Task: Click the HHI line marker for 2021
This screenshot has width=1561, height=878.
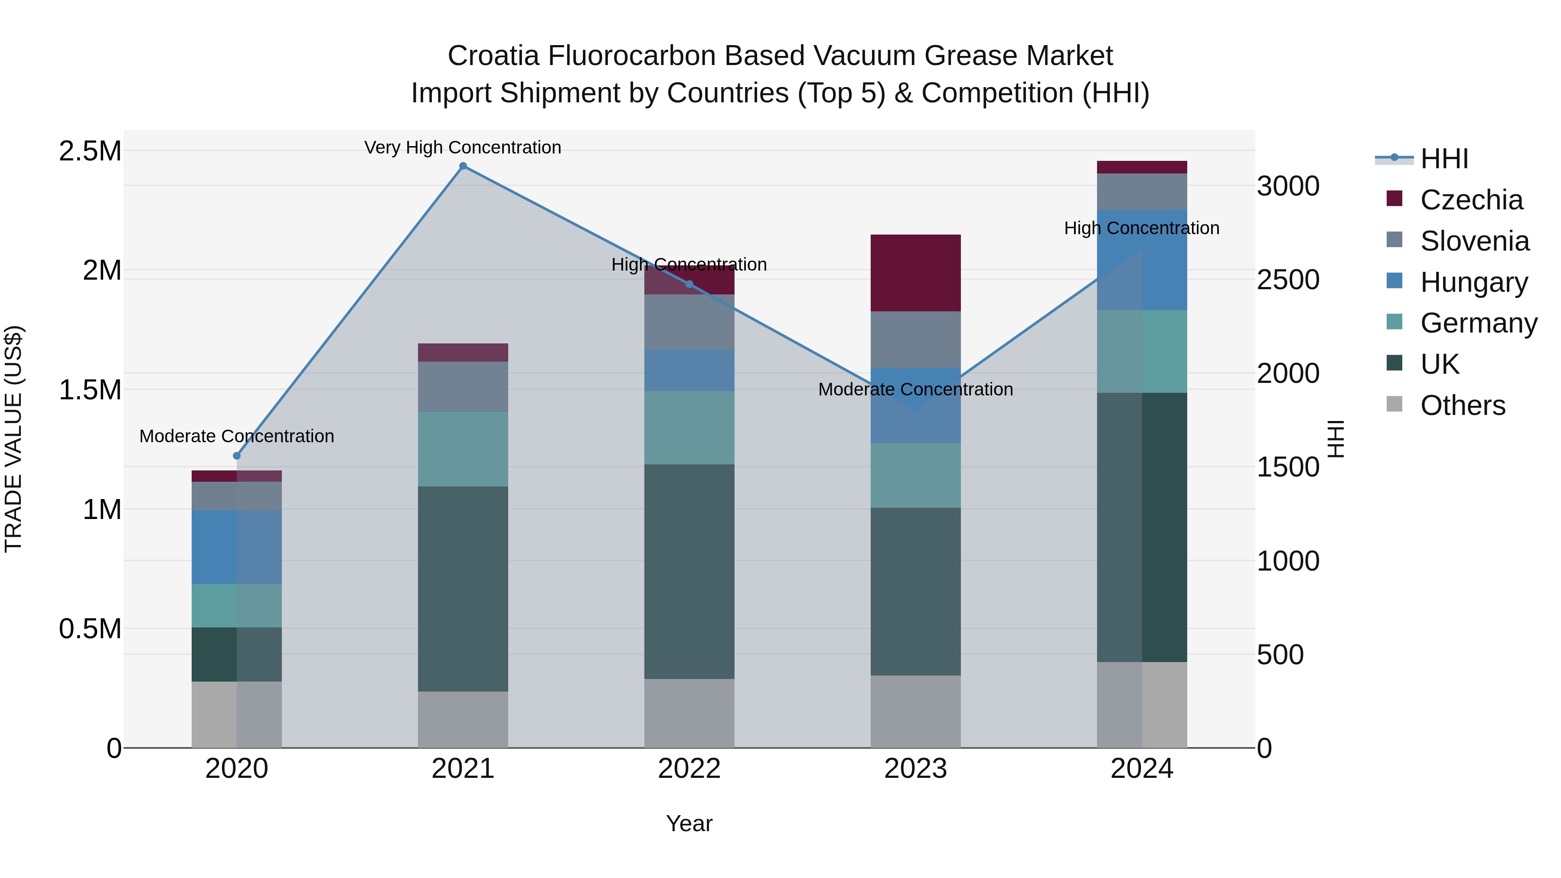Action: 463,166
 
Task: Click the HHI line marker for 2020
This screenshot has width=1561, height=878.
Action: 237,456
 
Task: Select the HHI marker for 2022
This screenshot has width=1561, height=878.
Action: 689,284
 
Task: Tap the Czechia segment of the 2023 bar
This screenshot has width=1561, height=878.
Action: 916,273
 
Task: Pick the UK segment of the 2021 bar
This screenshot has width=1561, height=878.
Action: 463,588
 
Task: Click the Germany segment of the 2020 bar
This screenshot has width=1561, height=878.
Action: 237,605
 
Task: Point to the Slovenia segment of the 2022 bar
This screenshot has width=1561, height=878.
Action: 689,322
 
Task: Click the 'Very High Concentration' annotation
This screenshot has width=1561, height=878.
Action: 463,147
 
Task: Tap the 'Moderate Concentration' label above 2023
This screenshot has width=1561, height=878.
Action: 916,389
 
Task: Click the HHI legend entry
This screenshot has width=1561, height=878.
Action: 1443,159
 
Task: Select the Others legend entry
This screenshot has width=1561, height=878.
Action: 1462,405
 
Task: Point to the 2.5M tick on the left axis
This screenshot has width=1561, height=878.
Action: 90,151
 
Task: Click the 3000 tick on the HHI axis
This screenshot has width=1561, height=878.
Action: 1288,186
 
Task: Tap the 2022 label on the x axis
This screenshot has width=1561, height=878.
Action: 689,768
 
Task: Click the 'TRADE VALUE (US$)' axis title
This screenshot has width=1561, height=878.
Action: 13,439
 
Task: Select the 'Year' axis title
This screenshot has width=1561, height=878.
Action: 689,823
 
